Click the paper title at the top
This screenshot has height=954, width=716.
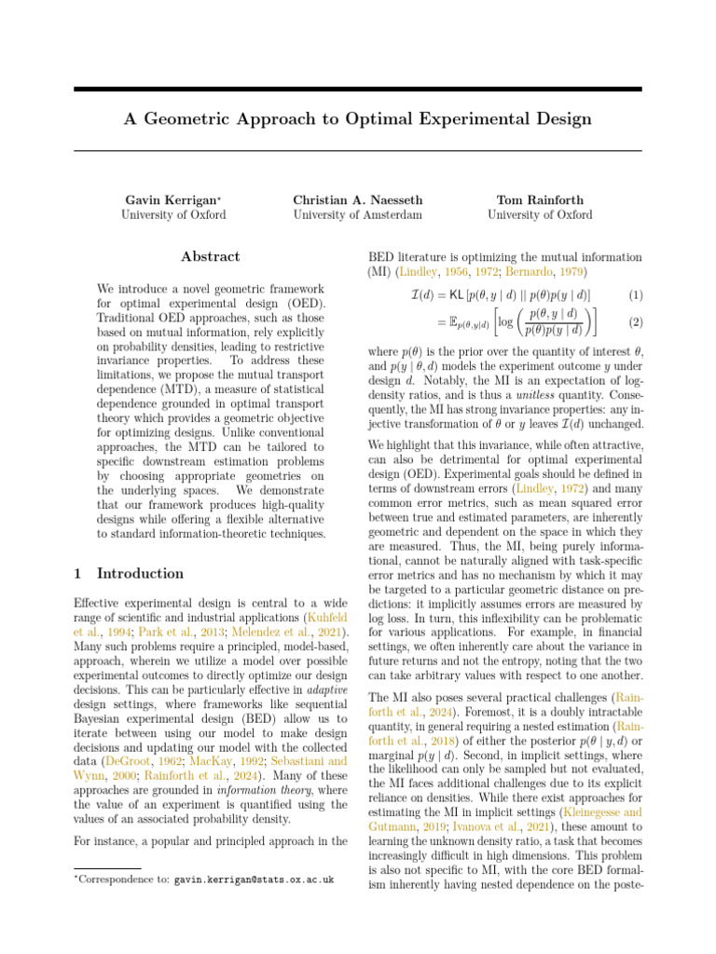pyautogui.click(x=358, y=119)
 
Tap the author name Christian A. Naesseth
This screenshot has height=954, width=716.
pyautogui.click(x=357, y=200)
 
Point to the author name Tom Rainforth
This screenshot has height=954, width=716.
pyautogui.click(x=540, y=200)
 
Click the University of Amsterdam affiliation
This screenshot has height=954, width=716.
pyautogui.click(x=357, y=215)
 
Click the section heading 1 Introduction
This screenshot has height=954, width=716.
pyautogui.click(x=129, y=574)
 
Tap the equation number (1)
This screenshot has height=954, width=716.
pyautogui.click(x=635, y=295)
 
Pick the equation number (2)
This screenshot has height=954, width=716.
pyautogui.click(x=635, y=321)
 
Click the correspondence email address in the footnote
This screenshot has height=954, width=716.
pyautogui.click(x=254, y=879)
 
